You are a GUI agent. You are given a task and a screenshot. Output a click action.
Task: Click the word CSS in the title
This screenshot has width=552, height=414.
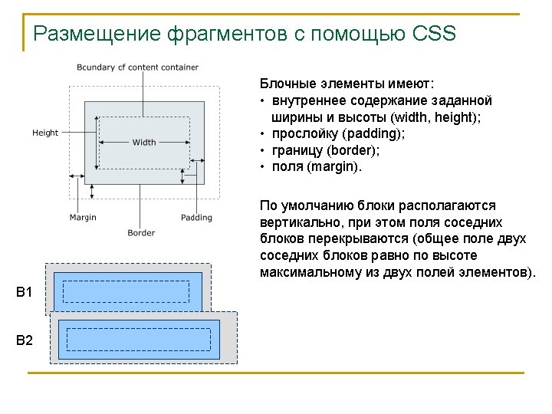click(x=434, y=34)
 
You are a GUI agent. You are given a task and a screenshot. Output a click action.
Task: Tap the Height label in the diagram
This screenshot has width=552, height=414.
click(x=45, y=133)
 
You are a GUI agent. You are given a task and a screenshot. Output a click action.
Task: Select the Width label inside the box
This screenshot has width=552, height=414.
click(x=144, y=142)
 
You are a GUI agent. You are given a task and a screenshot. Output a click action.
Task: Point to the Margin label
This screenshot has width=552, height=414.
click(x=83, y=218)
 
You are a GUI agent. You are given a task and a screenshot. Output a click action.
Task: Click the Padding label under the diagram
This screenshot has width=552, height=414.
click(x=196, y=218)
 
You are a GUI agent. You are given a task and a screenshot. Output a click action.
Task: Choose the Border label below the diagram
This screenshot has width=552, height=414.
click(x=141, y=233)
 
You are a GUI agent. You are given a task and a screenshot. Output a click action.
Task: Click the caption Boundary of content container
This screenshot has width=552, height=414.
click(x=137, y=67)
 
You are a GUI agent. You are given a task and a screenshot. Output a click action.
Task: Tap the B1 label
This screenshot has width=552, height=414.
click(x=25, y=292)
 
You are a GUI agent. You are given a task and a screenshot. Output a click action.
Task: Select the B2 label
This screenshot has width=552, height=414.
click(x=25, y=340)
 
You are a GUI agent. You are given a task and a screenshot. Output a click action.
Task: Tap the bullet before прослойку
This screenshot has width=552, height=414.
click(x=263, y=134)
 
